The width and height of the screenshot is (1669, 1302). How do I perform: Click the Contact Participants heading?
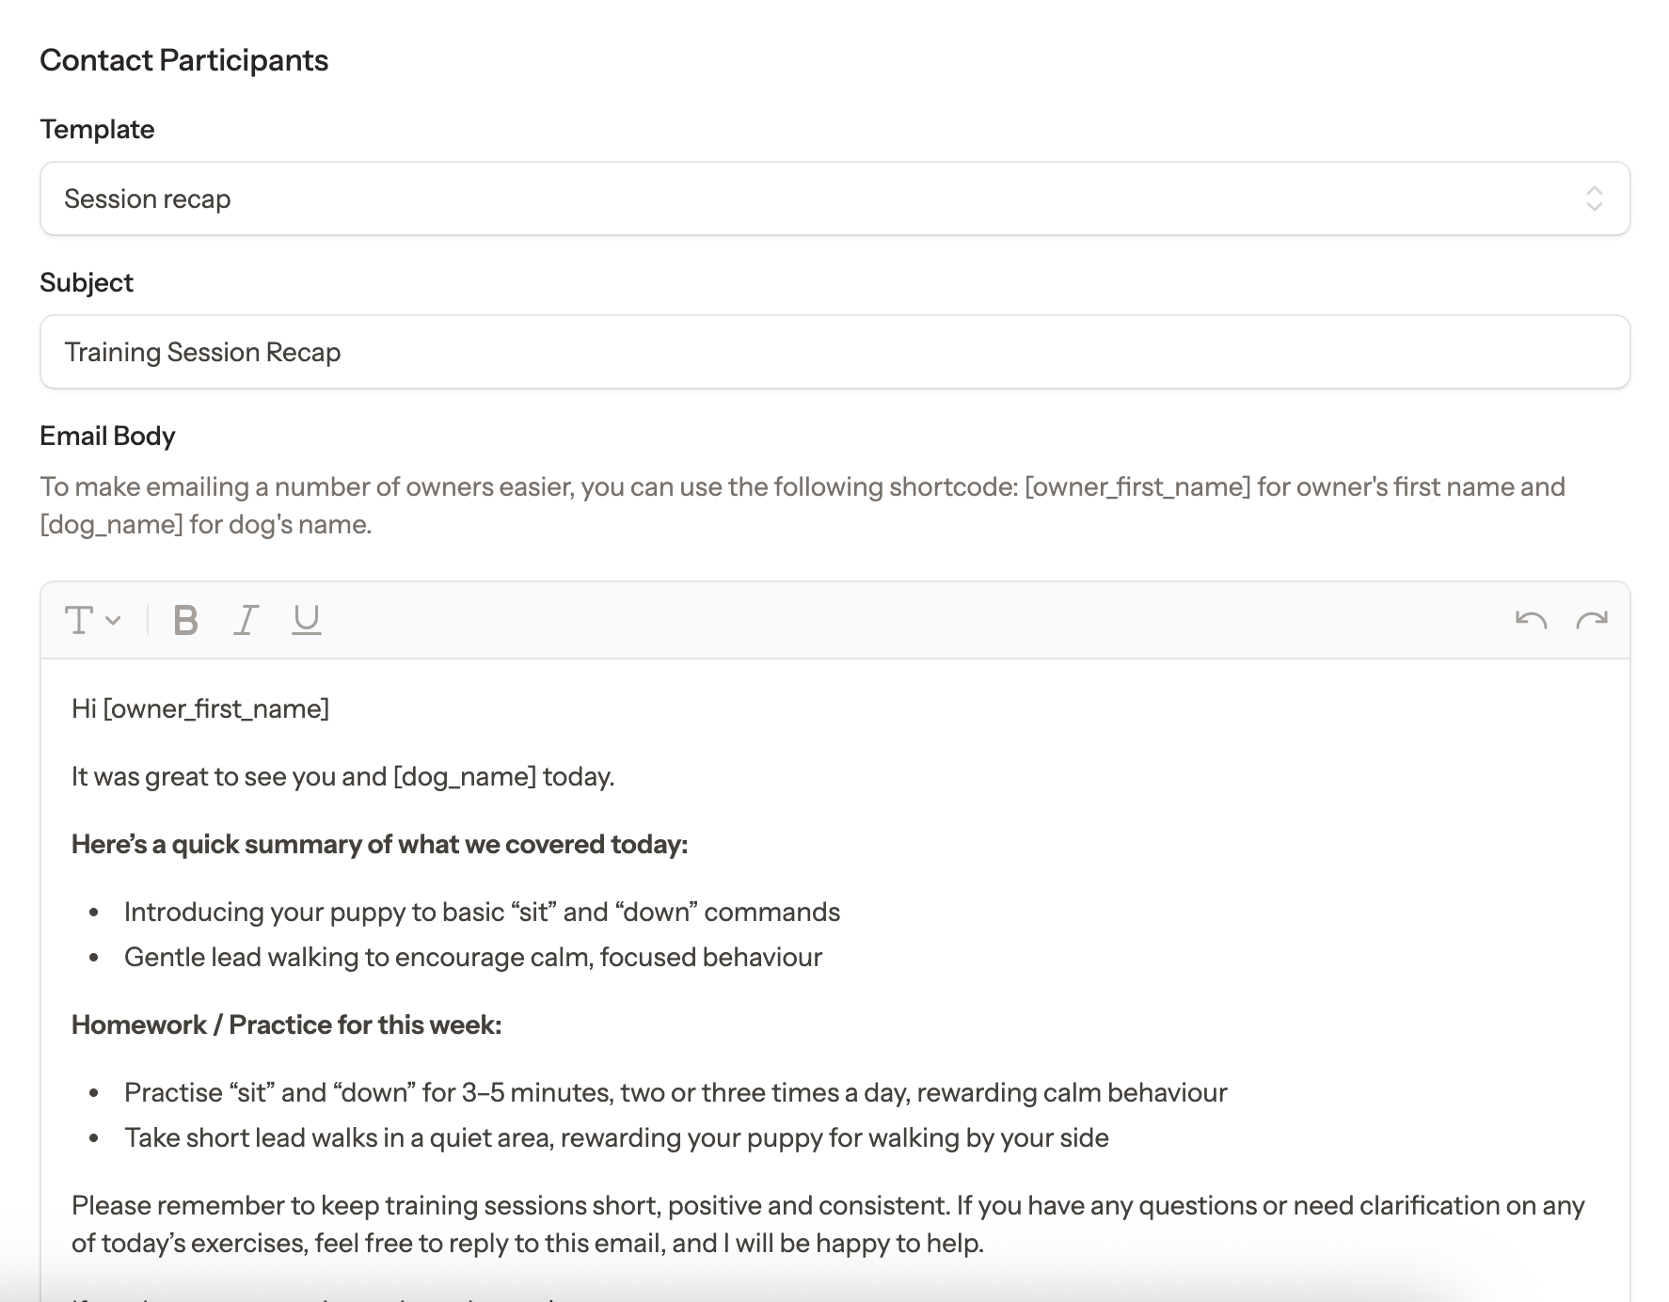tap(183, 60)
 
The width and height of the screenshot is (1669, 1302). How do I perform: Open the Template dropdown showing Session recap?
tap(834, 198)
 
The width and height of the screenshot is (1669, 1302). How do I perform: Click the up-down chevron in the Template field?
tap(1594, 198)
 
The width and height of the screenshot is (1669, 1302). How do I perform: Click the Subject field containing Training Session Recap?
tap(834, 352)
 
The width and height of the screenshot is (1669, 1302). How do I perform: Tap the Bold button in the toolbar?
tap(186, 620)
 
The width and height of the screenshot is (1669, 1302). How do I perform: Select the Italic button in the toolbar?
tap(246, 620)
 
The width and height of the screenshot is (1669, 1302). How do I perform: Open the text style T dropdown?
tap(91, 620)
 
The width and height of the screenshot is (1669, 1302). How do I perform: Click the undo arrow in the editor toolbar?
tap(1531, 620)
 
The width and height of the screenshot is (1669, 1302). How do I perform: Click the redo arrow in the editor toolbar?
tap(1592, 620)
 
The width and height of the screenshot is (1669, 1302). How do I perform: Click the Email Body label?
tap(107, 436)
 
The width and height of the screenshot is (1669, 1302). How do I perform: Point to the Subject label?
tap(87, 282)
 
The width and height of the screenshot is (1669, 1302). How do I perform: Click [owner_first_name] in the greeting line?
tap(215, 708)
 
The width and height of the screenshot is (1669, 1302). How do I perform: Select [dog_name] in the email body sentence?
tap(465, 776)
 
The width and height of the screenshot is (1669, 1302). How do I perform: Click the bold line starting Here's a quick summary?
tap(379, 844)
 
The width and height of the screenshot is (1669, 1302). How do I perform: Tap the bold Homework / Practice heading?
tap(286, 1024)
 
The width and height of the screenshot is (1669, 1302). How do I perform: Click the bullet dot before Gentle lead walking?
tap(93, 958)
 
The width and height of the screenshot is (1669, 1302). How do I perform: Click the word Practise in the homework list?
tap(173, 1092)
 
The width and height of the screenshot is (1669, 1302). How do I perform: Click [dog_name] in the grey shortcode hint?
tap(111, 524)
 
